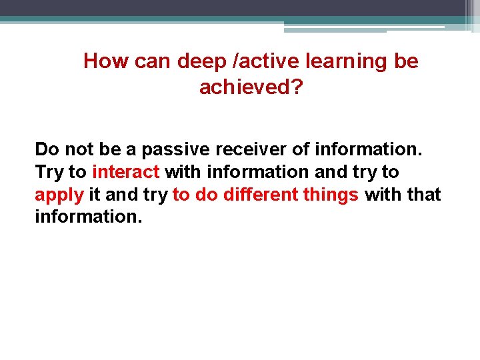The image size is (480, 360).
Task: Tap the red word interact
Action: tap(126, 172)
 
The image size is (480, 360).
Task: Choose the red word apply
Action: tap(59, 195)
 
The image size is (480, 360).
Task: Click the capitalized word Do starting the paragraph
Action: tap(47, 149)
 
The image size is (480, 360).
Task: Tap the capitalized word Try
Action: tap(49, 172)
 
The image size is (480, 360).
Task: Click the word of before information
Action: tap(301, 149)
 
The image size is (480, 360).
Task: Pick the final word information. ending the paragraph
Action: tap(89, 217)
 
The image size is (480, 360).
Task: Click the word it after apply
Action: tap(94, 195)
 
